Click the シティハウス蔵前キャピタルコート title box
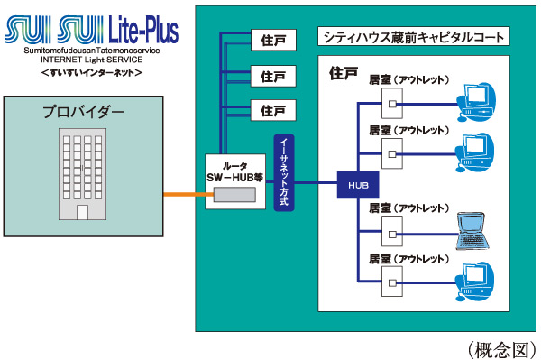414,38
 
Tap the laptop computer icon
477,232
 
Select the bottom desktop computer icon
475,278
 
